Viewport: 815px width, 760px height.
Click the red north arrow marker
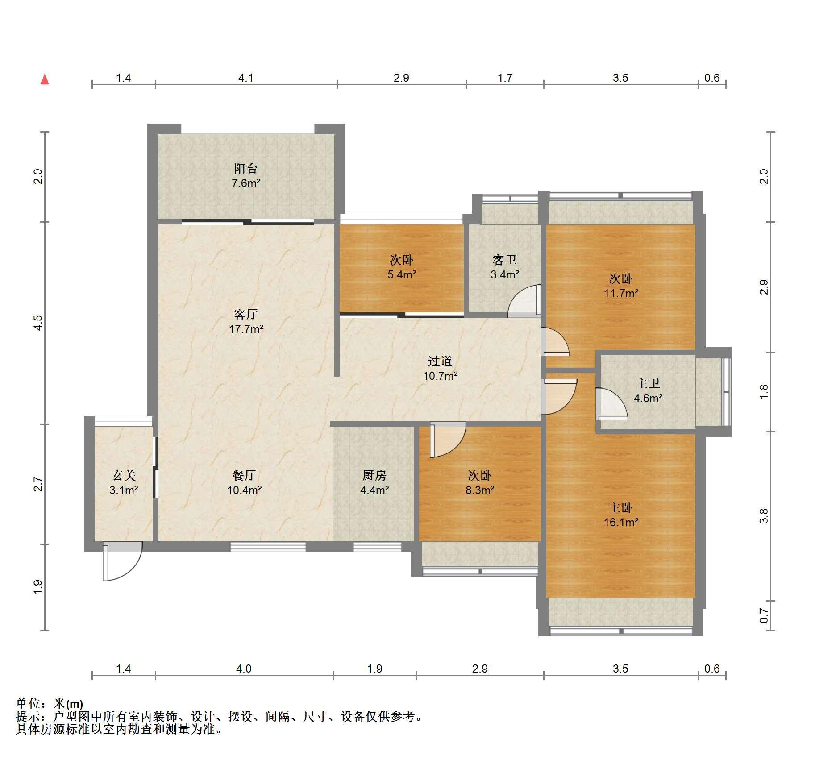(x=45, y=79)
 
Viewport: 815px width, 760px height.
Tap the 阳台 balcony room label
(x=245, y=168)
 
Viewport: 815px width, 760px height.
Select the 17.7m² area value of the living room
(x=246, y=329)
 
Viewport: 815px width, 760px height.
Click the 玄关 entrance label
(x=124, y=475)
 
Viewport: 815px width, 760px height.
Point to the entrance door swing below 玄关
(x=122, y=561)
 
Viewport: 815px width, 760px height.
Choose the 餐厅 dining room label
(x=244, y=475)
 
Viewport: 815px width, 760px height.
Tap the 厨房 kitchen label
(x=374, y=475)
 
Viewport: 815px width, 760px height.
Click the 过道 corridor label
(x=440, y=361)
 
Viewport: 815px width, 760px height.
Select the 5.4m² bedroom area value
(x=402, y=274)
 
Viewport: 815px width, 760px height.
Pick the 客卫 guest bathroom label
(x=505, y=260)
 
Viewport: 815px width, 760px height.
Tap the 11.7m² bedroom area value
(x=621, y=293)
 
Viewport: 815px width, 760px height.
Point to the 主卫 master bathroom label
(x=648, y=383)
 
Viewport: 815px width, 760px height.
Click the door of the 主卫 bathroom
(x=612, y=404)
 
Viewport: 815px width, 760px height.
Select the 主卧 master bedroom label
(x=621, y=507)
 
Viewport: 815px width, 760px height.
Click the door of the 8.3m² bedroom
(x=448, y=440)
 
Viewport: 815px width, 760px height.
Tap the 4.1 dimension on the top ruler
(x=245, y=78)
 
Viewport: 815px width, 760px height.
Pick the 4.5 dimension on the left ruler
(x=38, y=323)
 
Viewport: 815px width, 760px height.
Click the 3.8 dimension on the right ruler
(x=764, y=516)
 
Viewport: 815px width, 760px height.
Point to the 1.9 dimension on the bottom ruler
(x=375, y=669)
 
